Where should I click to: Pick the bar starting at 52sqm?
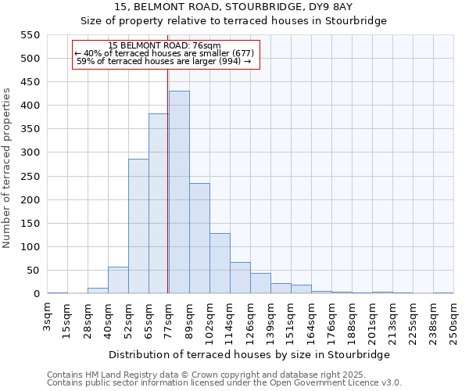[x=138, y=226]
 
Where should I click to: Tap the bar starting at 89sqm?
[x=199, y=239]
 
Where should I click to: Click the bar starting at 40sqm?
[x=118, y=280]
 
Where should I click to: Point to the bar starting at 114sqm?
[x=240, y=278]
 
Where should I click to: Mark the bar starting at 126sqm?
[x=260, y=283]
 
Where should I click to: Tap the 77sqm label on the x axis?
[x=169, y=321]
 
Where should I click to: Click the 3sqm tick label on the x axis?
[x=48, y=316]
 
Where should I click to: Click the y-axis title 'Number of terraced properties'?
[x=8, y=167]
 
